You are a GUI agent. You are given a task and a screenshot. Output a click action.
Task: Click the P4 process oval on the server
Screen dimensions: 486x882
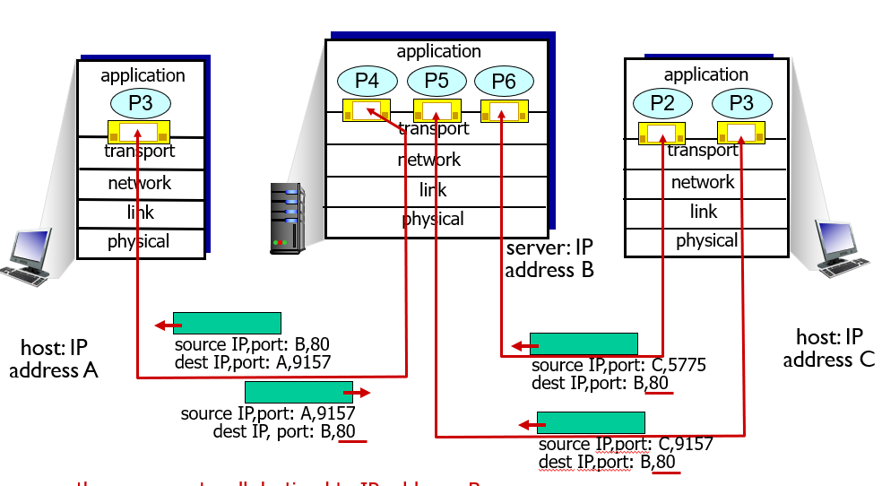pos(367,82)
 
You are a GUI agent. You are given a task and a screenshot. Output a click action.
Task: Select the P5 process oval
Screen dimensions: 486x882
pos(437,82)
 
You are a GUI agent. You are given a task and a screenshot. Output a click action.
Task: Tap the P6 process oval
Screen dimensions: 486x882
pos(504,82)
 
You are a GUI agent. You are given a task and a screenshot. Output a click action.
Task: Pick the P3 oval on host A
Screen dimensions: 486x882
pos(141,103)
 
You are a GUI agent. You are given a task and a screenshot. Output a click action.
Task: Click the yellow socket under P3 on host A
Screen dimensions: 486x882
pos(139,133)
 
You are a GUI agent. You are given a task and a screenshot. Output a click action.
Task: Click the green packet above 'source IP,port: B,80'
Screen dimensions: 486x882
pos(227,323)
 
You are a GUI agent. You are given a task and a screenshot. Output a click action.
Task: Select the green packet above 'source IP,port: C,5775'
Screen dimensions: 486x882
pos(583,343)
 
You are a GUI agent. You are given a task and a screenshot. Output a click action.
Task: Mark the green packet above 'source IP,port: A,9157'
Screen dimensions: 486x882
pos(298,392)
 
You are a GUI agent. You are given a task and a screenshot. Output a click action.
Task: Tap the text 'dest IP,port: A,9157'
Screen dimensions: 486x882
pos(254,363)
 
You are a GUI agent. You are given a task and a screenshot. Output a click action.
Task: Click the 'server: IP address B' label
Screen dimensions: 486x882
pos(549,259)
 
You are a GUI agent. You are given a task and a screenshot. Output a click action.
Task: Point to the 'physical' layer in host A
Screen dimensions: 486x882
pos(138,241)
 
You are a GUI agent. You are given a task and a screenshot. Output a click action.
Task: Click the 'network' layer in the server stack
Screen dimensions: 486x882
pos(428,160)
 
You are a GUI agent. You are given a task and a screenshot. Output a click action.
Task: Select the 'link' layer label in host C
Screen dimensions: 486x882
pos(704,212)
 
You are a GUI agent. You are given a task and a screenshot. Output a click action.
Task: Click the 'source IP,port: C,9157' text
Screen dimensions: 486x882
pos(625,444)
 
